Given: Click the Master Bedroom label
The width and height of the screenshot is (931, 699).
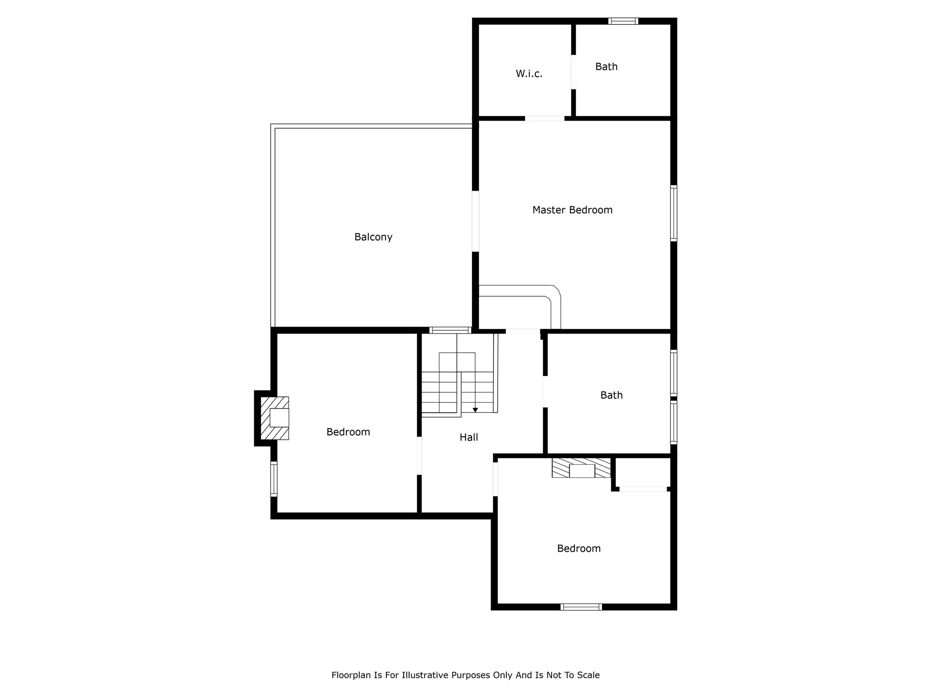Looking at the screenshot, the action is [x=572, y=210].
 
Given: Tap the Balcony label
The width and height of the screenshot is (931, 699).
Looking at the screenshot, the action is [x=373, y=237].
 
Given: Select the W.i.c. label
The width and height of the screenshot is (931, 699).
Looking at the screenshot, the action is [x=529, y=74].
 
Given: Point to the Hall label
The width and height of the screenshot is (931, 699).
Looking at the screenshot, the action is [x=469, y=437].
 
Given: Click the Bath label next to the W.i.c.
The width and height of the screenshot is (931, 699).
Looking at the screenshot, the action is [x=607, y=67].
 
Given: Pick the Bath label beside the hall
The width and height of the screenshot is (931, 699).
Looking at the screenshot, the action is [x=611, y=395].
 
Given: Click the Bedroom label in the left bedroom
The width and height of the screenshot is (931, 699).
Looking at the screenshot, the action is [x=348, y=432].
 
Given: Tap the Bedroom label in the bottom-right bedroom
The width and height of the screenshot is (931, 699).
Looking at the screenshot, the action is [x=579, y=548].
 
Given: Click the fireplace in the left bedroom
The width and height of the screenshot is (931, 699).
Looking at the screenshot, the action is [x=275, y=418].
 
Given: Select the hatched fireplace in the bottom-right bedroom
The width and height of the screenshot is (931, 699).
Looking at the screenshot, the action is [x=581, y=468].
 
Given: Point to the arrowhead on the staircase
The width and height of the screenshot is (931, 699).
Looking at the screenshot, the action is [x=475, y=410].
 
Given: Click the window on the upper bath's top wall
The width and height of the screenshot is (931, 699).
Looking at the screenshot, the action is [x=623, y=21].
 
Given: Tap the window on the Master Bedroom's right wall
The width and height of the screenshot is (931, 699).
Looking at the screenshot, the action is [x=674, y=213].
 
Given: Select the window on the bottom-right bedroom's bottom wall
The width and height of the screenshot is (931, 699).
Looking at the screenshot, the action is [x=581, y=607].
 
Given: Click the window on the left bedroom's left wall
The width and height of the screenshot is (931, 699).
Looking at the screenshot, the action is [x=274, y=479].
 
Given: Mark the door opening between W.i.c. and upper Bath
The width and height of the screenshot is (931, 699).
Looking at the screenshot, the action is [x=573, y=72].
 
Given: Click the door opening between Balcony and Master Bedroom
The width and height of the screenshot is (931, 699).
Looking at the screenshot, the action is [x=475, y=221].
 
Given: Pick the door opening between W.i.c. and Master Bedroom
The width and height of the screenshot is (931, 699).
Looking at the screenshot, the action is [x=545, y=118].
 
